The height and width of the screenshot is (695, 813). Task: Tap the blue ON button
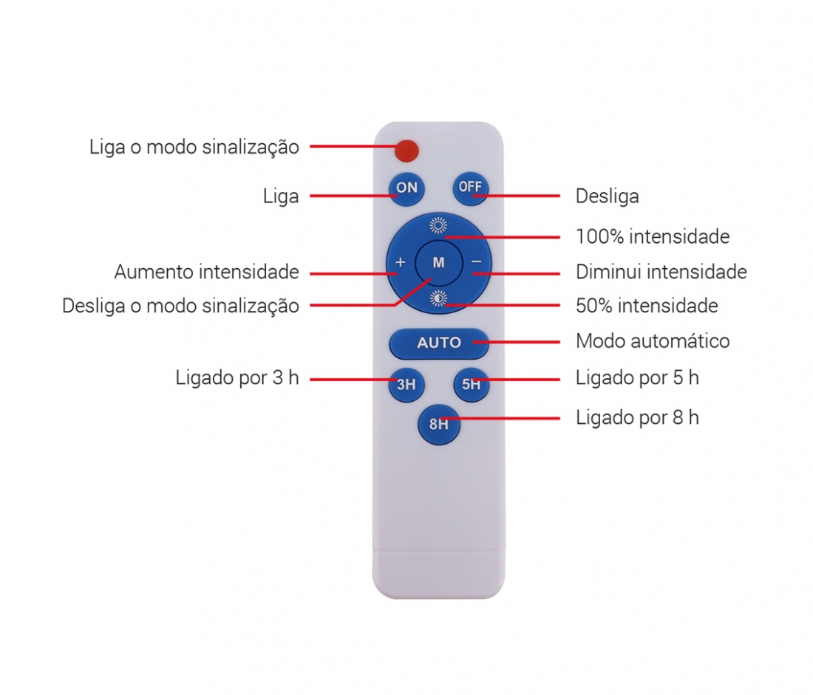pyautogui.click(x=407, y=188)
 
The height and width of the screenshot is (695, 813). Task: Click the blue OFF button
pyautogui.click(x=470, y=188)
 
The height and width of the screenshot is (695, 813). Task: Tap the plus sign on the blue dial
pyautogui.click(x=401, y=262)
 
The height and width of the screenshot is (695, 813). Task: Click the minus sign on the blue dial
pyautogui.click(x=477, y=262)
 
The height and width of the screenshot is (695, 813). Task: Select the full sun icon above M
pyautogui.click(x=438, y=225)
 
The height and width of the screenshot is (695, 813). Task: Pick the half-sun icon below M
pyautogui.click(x=438, y=298)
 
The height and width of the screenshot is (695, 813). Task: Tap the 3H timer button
pyautogui.click(x=406, y=385)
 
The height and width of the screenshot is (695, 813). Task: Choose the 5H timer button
pyautogui.click(x=472, y=385)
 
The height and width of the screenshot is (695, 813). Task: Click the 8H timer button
pyautogui.click(x=438, y=425)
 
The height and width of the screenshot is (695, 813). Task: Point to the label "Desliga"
pyautogui.click(x=607, y=196)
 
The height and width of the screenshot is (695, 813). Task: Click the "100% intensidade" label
pyautogui.click(x=653, y=237)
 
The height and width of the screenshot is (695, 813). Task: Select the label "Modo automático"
pyautogui.click(x=653, y=341)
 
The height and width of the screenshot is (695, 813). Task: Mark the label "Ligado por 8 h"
pyautogui.click(x=637, y=417)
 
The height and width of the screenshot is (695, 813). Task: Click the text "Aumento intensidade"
pyautogui.click(x=206, y=272)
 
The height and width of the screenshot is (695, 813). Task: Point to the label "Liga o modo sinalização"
pyautogui.click(x=194, y=147)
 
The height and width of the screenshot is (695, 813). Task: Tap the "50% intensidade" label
pyautogui.click(x=647, y=306)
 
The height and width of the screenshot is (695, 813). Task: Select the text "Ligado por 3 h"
pyautogui.click(x=237, y=378)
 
